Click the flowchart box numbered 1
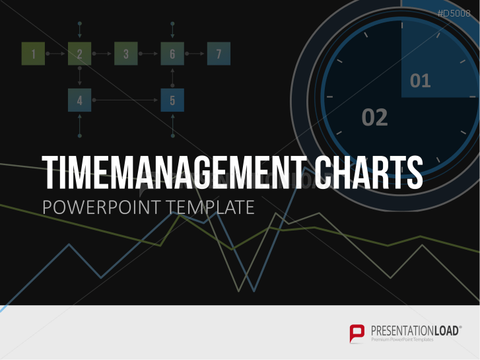(x=34, y=54)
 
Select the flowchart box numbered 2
(x=80, y=54)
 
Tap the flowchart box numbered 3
(x=126, y=54)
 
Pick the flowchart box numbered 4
(x=80, y=100)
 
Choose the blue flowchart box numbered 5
(x=172, y=100)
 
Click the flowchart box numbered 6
(x=172, y=54)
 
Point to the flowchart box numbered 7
(x=219, y=54)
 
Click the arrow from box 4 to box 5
(x=125, y=100)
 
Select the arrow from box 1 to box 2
(x=55, y=54)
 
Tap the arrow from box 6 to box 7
(x=195, y=54)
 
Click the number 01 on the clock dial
(x=421, y=81)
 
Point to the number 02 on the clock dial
(x=375, y=118)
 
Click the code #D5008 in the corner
(x=454, y=13)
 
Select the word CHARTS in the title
(x=369, y=172)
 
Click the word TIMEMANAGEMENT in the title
(x=174, y=172)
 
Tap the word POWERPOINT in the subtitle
(x=102, y=207)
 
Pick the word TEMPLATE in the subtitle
(x=211, y=207)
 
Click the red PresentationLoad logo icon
(x=357, y=334)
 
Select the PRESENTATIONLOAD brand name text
(x=415, y=331)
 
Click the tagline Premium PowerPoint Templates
(x=402, y=340)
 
